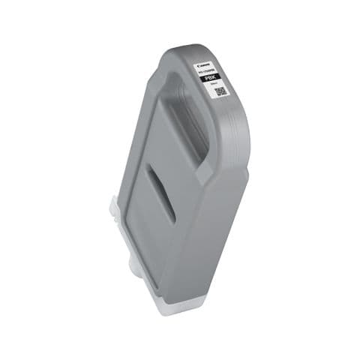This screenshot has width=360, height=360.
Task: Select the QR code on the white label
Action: (220, 92)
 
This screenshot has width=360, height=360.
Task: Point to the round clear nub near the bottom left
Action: (130, 258)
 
